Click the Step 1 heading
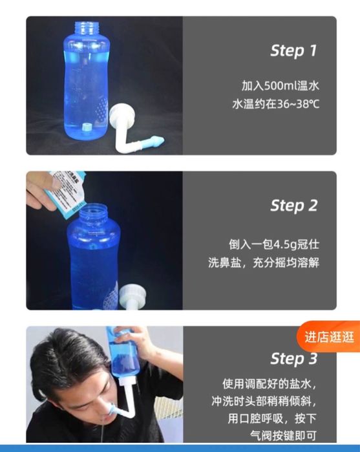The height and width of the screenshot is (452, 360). (293, 51)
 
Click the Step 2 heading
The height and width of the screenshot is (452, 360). (293, 206)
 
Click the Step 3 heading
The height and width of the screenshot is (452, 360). (293, 359)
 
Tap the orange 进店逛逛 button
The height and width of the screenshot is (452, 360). (329, 337)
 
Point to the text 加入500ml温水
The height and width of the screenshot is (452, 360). (280, 86)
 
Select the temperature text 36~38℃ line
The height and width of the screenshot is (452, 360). (276, 104)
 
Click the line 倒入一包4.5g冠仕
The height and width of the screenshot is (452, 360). (274, 244)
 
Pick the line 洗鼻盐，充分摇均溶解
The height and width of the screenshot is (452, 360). (264, 263)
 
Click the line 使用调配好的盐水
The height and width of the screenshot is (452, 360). (270, 384)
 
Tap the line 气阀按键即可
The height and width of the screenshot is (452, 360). (283, 435)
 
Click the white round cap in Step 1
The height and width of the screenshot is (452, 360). (122, 114)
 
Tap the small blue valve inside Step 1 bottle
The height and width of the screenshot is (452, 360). (86, 127)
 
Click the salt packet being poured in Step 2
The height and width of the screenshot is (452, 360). (67, 193)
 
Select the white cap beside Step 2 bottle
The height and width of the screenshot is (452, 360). (133, 295)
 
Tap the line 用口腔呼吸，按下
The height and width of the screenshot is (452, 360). (272, 418)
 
